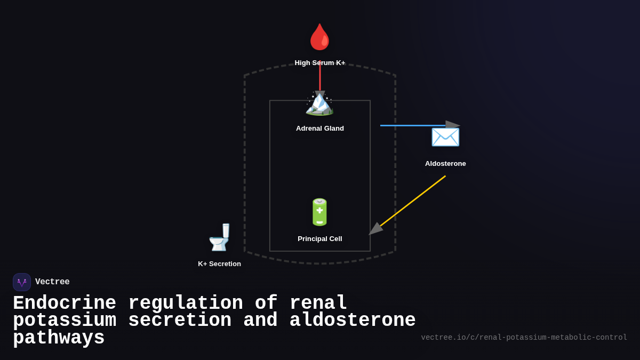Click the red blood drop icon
point(320,37)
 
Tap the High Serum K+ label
point(320,63)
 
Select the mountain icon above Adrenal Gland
point(319,103)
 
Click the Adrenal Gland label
point(320,129)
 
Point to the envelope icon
point(445,137)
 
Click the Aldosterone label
point(445,164)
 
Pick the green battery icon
point(319,212)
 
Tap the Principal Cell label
point(320,239)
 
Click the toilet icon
point(220,237)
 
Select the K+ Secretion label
point(219,264)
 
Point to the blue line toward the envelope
point(411,126)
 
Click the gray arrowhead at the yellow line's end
point(375,229)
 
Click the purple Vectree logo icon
point(22,282)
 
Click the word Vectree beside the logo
point(52,282)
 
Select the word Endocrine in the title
point(65,303)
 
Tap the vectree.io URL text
point(524,338)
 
